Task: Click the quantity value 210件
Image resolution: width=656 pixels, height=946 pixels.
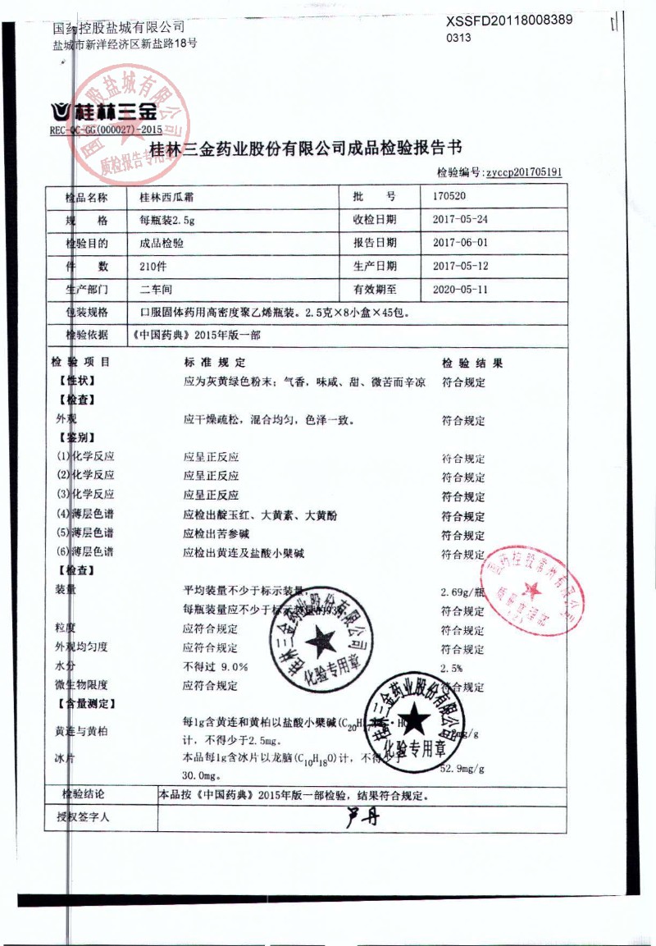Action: (x=154, y=266)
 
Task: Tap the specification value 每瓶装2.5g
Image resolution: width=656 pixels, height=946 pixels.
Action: (x=167, y=220)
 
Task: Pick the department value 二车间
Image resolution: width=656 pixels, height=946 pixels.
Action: (x=157, y=290)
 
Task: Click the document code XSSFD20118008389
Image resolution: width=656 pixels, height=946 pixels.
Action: (x=509, y=21)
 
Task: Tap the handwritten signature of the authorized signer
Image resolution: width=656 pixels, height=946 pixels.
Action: (x=362, y=816)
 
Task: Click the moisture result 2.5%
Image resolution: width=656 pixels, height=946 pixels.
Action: (x=452, y=667)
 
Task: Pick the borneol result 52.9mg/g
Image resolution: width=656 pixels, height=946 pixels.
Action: (x=463, y=769)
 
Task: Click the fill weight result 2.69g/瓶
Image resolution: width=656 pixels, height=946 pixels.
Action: (x=463, y=592)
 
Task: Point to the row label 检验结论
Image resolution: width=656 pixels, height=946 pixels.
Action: (x=84, y=794)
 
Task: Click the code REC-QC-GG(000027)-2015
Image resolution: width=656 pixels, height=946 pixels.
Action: (x=106, y=130)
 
